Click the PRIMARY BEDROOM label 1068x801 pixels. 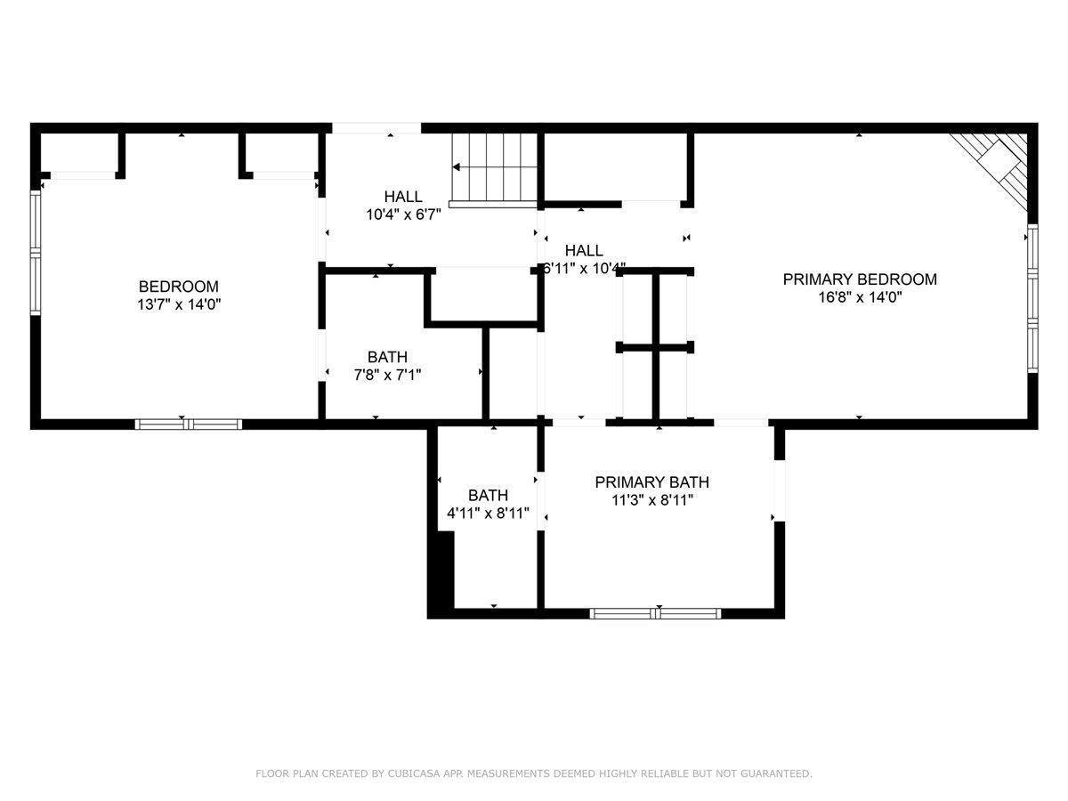coord(859,279)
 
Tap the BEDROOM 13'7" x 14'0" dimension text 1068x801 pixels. coord(179,304)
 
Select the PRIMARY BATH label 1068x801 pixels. coord(651,482)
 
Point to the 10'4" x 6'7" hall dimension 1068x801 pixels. coord(403,214)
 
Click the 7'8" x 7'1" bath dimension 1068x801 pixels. coord(387,375)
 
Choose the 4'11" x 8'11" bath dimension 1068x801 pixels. coord(488,514)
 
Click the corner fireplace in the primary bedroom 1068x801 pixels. coord(992,168)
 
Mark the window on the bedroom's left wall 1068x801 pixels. coord(36,253)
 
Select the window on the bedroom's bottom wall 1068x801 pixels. coord(189,425)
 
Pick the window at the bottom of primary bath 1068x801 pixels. coord(655,613)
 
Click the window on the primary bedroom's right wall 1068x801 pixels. coord(1032,298)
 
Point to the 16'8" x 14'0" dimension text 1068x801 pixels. coord(860,297)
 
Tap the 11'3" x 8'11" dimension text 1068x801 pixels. coord(652,500)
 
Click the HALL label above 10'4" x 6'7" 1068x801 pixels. coord(403,197)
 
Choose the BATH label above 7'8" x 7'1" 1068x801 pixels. coord(387,357)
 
